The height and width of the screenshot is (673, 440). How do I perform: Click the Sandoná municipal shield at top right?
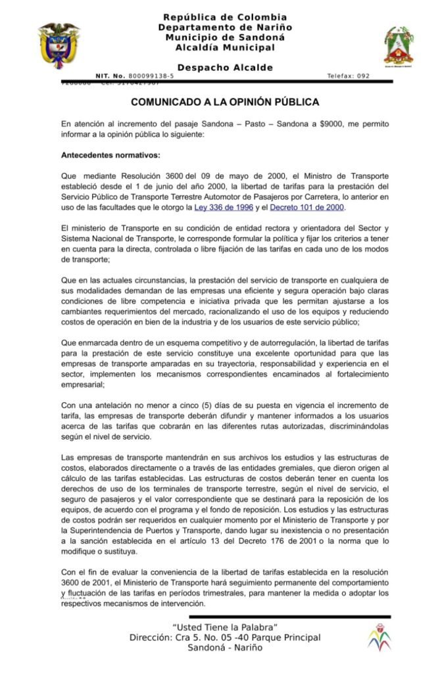[399, 46]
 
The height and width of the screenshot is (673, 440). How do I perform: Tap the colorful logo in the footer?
[378, 636]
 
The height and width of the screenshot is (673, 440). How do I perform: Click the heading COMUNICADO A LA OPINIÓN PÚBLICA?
[225, 103]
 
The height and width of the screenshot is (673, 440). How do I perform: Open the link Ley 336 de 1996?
[224, 208]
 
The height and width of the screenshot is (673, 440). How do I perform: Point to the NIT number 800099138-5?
[151, 76]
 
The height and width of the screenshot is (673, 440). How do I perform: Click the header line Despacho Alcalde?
[225, 67]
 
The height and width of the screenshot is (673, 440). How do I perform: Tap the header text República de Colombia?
[225, 16]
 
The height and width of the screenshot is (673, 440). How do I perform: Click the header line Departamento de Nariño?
[225, 27]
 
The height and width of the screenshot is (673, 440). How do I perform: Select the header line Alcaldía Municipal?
[225, 47]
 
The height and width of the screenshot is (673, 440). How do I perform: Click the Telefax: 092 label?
[348, 76]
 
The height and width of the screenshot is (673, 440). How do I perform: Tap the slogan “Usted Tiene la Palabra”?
[225, 626]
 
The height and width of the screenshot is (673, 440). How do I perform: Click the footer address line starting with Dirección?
[225, 637]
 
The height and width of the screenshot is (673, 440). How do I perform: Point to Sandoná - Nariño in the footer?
[225, 647]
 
